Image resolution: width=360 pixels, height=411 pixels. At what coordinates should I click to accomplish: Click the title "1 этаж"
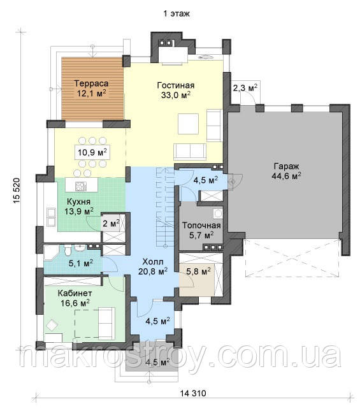[x=176, y=13]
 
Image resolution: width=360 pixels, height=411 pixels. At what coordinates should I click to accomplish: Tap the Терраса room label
[x=92, y=83]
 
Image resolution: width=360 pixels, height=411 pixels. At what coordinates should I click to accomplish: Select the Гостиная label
[x=176, y=85]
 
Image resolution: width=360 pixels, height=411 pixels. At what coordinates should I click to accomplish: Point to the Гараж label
[x=286, y=166]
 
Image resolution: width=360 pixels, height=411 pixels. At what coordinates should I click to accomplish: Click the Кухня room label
[x=78, y=201]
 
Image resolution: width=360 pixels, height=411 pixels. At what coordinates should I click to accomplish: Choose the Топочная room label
[x=201, y=225]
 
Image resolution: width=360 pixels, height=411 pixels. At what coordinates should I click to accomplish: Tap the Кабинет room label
[x=75, y=292]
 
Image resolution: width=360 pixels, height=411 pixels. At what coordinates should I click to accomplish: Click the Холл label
[x=153, y=261]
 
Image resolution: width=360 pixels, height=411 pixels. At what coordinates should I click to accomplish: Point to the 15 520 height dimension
[x=16, y=191]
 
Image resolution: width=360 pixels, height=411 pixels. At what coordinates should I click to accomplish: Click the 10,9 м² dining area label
[x=92, y=152]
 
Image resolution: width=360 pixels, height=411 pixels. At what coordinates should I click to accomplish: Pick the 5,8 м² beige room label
[x=198, y=272]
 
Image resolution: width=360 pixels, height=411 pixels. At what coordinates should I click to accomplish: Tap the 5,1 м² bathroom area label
[x=81, y=263]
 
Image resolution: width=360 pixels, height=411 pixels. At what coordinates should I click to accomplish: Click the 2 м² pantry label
[x=111, y=223]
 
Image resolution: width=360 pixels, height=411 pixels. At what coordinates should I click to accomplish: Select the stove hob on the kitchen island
[x=81, y=186]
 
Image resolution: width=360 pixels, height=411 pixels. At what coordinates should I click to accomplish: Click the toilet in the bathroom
[x=68, y=250]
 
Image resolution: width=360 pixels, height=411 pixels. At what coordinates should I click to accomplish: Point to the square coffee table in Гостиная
[x=188, y=124]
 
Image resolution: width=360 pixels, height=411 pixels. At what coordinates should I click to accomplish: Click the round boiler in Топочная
[x=218, y=214]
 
